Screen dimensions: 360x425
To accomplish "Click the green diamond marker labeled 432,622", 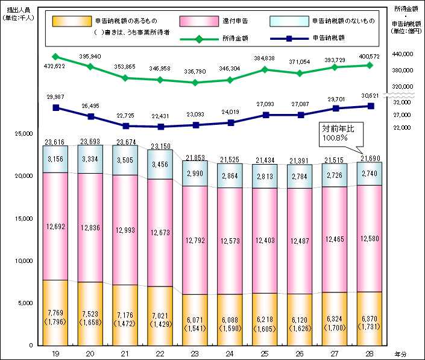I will click(56, 57).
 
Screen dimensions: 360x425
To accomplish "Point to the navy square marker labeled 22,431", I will click(161, 127).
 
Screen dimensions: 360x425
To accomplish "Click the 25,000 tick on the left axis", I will click(24, 134).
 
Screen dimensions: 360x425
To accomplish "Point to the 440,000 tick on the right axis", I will click(402, 54).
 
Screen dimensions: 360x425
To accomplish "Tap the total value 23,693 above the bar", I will click(91, 142).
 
